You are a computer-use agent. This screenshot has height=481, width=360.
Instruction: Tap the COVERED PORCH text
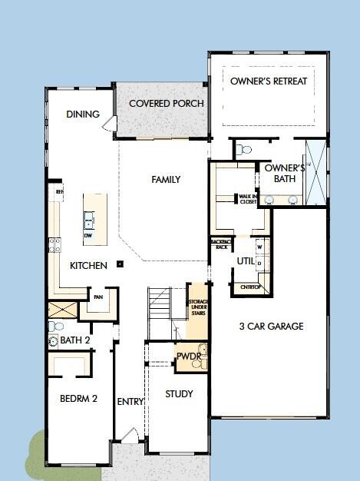167,104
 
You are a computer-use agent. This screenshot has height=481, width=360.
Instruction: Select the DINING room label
83,114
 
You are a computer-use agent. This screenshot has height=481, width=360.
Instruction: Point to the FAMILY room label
166,180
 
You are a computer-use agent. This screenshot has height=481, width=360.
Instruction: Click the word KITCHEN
89,266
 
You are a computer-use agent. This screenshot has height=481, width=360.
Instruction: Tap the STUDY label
179,394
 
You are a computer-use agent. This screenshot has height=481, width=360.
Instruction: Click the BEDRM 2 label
78,399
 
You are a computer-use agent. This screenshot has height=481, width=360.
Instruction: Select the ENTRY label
130,401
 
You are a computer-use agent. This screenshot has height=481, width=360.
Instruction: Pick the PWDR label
188,356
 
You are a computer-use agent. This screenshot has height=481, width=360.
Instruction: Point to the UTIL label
246,261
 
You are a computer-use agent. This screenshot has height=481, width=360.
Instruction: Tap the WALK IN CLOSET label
247,198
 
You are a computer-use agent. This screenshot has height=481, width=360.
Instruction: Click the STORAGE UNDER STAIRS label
198,311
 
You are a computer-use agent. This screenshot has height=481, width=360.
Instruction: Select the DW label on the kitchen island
89,236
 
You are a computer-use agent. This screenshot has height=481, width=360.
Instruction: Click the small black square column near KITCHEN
121,264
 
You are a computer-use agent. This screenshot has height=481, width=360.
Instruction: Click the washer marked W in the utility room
259,247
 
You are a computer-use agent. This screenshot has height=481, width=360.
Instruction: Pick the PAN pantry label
98,297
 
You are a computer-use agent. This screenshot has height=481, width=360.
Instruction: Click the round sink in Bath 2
53,339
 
